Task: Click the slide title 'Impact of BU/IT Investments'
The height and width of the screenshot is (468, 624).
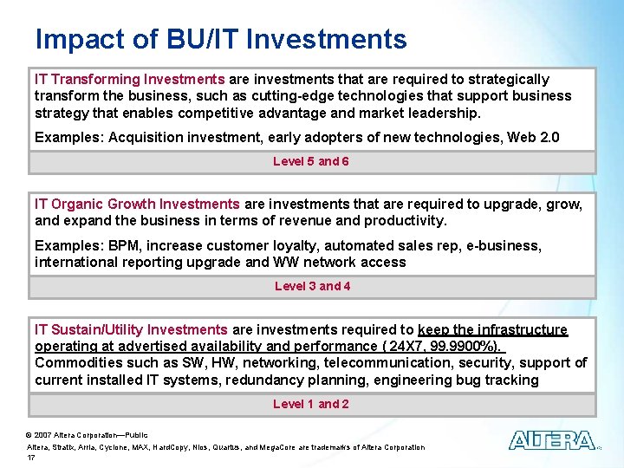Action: pos(221,39)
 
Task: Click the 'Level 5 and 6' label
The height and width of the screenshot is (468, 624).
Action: pos(311,161)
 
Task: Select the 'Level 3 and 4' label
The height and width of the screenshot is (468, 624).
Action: pos(312,286)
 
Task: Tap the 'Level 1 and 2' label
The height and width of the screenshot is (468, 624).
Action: pos(311,404)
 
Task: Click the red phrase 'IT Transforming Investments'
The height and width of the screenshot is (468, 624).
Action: pos(129,79)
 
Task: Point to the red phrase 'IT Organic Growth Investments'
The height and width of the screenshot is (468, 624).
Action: pos(137,204)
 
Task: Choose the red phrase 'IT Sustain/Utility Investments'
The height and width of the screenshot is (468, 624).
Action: pos(131,329)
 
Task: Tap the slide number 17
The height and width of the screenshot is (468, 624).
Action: pos(30,457)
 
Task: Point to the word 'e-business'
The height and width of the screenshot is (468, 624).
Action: pos(506,245)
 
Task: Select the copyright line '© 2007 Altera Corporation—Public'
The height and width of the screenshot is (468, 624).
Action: pos(88,435)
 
